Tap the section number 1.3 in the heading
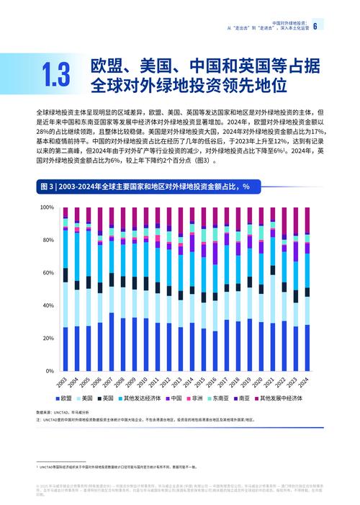tap(56, 76)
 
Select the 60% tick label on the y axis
tap(48, 273)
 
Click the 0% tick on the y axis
tap(50, 371)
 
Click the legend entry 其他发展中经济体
tap(282, 398)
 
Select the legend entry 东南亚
tap(218, 398)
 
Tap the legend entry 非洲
tap(192, 398)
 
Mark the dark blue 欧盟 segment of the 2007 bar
tap(112, 341)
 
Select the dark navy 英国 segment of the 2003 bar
tap(66, 275)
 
